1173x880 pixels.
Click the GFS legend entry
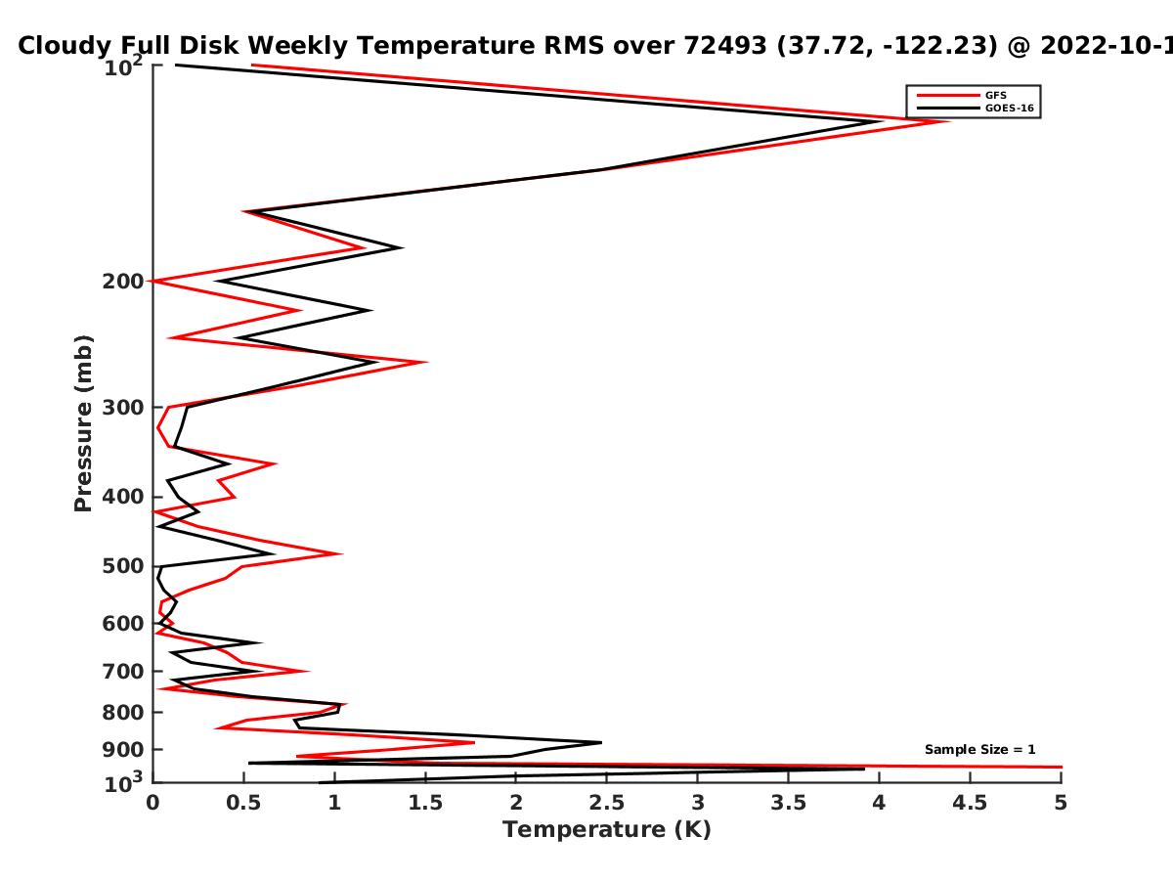tap(995, 96)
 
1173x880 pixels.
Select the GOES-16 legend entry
tap(1009, 108)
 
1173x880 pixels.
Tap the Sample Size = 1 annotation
tap(979, 750)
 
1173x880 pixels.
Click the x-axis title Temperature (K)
tap(607, 829)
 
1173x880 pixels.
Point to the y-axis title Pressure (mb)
tap(83, 423)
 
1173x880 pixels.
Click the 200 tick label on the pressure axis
tap(123, 281)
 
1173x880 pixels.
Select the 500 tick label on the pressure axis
tap(123, 566)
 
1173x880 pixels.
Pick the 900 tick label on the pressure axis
tap(123, 750)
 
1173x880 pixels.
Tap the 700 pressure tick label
tap(123, 671)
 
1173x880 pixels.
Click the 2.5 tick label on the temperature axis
tap(607, 803)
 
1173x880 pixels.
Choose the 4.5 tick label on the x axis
tap(970, 803)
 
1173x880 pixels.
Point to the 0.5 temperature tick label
tap(243, 803)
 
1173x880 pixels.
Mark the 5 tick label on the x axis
tap(1061, 803)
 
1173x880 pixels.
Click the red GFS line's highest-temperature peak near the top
tap(948, 121)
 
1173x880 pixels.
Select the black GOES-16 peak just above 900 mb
tap(601, 742)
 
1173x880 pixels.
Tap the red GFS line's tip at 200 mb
tap(150, 281)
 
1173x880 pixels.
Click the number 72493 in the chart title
tap(725, 46)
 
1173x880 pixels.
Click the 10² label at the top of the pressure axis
tap(123, 66)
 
